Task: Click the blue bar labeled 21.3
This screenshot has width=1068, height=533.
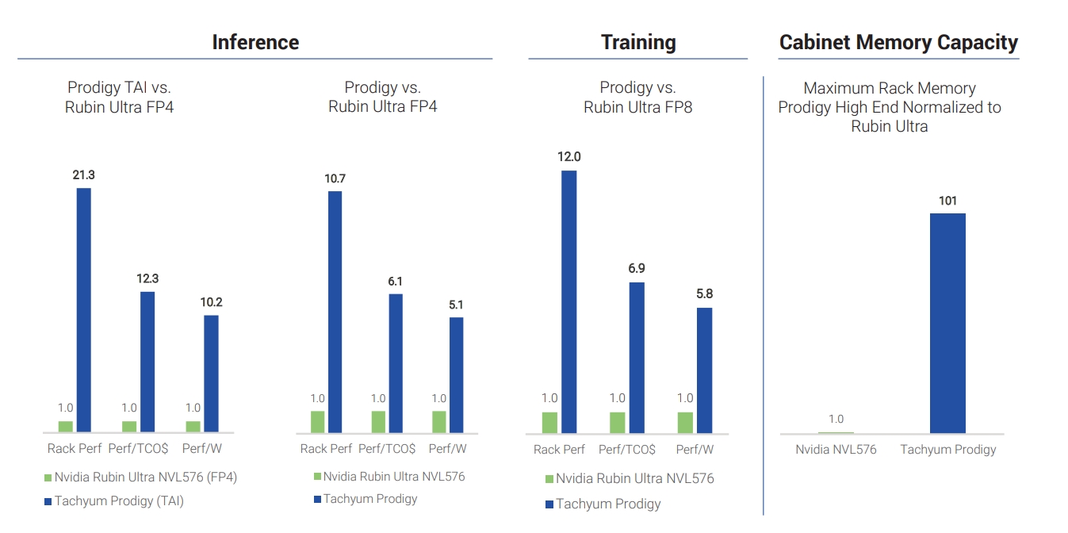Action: point(83,309)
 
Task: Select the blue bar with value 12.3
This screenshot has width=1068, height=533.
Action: point(147,362)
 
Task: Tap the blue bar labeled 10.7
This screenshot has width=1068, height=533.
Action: point(335,312)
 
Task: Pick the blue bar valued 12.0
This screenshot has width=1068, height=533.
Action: point(568,301)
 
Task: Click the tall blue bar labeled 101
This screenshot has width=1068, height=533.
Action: point(947,323)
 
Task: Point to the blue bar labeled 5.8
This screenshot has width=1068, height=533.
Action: point(704,370)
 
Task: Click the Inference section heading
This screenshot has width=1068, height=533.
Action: point(255,42)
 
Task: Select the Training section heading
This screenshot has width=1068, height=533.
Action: point(638,42)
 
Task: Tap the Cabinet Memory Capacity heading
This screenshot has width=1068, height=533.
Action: point(898,42)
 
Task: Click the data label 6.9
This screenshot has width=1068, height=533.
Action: point(636,269)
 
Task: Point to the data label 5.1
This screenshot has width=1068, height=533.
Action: point(456,305)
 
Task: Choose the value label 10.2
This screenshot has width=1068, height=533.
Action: point(211,302)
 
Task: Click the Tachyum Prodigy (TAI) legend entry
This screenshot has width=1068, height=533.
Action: point(119,501)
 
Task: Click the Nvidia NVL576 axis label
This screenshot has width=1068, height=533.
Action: point(836,450)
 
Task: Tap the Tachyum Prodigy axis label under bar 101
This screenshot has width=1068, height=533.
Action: point(947,450)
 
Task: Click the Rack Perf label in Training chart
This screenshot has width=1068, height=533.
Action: point(559,450)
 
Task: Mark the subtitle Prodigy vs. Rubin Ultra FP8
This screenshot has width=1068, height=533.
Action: point(637,97)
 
